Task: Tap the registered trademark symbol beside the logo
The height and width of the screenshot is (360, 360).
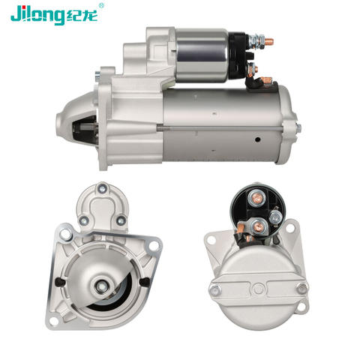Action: pos(101,6)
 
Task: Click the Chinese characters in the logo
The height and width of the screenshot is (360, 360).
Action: pos(82,16)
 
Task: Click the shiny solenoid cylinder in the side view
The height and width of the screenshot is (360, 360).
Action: pos(202,55)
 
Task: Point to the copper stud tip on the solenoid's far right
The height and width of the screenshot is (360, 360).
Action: pos(269,41)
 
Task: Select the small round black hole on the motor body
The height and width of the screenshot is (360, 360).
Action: pos(258,139)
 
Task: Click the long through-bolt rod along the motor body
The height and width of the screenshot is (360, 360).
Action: pos(220,128)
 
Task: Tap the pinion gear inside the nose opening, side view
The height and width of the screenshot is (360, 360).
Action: pos(85,131)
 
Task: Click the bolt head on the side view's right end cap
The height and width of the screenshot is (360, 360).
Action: pos(298,128)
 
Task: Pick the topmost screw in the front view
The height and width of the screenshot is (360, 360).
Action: pos(102,188)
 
